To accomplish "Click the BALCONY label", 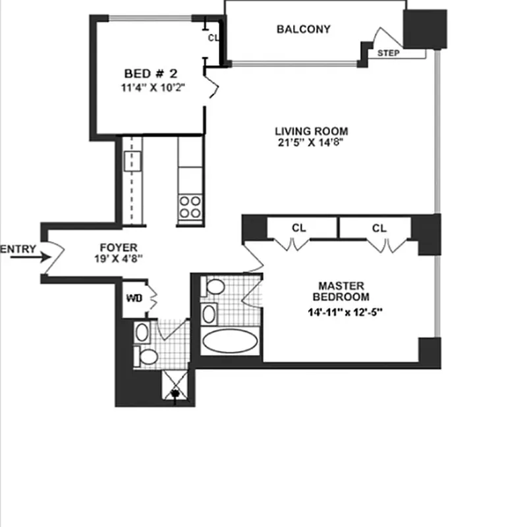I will click(x=303, y=30).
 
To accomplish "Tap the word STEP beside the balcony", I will click(x=388, y=53).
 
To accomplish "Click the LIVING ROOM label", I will click(x=312, y=131).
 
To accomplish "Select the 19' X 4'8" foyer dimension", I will click(x=119, y=258).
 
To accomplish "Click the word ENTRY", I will click(x=18, y=249).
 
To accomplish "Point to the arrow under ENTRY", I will click(x=26, y=258).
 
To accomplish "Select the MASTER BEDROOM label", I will click(x=341, y=291).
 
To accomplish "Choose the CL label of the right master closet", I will click(x=379, y=229).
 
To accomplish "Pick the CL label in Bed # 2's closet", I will click(x=213, y=38).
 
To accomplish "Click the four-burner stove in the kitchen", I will click(x=190, y=207).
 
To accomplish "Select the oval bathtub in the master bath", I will click(x=229, y=342).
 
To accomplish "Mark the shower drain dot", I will click(x=175, y=395).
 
